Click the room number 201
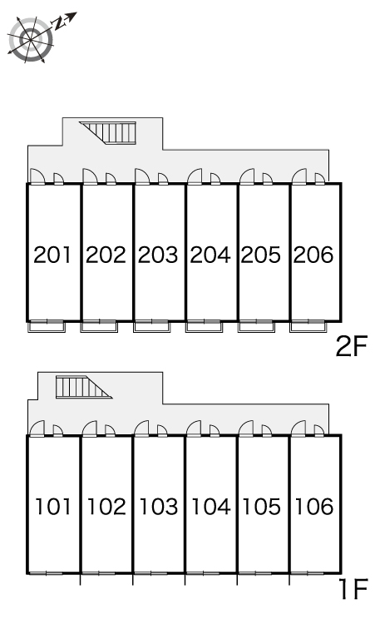pyautogui.click(x=52, y=255)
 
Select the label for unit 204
pyautogui.click(x=210, y=255)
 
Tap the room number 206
pyautogui.click(x=313, y=255)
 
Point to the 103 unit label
pyautogui.click(x=158, y=507)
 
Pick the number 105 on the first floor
pyautogui.click(x=261, y=507)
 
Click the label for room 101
pyautogui.click(x=53, y=507)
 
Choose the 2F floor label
pyautogui.click(x=351, y=346)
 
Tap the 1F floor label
pyautogui.click(x=353, y=589)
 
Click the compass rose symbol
pyautogui.click(x=32, y=39)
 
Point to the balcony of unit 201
pyautogui.click(x=47, y=326)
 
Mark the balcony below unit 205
pyautogui.click(x=256, y=326)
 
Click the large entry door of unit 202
pyautogui.click(x=90, y=176)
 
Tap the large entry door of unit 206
pyautogui.click(x=299, y=176)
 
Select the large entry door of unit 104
pyautogui.click(x=194, y=429)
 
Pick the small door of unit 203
pyautogui.click(x=163, y=179)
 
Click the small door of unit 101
pyautogui.click(x=58, y=431)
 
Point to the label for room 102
pyautogui.click(x=106, y=507)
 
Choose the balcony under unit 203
pyautogui.click(x=152, y=326)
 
